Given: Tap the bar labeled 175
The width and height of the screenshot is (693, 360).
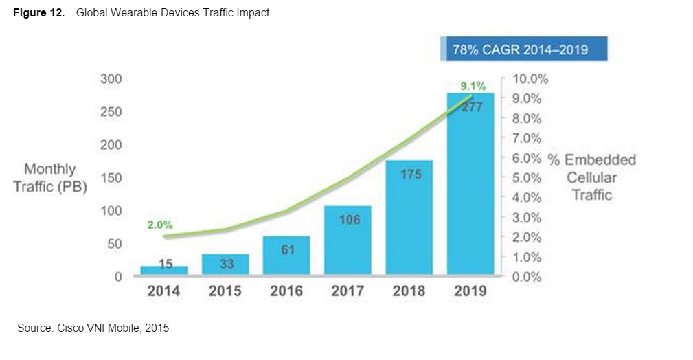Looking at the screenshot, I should click(409, 217).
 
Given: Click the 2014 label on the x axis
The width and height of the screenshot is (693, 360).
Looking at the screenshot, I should click(163, 291).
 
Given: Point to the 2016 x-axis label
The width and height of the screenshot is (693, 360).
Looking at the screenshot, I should click(286, 291).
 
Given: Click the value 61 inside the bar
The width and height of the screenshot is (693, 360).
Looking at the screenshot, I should click(288, 249).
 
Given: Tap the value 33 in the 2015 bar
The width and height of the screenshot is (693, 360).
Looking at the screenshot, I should click(226, 264).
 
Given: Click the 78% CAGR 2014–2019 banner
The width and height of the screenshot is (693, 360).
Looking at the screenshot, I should click(525, 50).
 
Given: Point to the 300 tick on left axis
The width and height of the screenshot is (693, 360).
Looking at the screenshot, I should click(112, 79).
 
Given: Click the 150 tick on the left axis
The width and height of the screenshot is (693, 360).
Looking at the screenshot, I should click(112, 178).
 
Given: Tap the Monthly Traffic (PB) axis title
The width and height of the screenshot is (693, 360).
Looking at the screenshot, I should click(50, 177).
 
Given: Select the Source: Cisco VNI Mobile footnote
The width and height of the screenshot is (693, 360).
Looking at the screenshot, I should click(92, 328).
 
